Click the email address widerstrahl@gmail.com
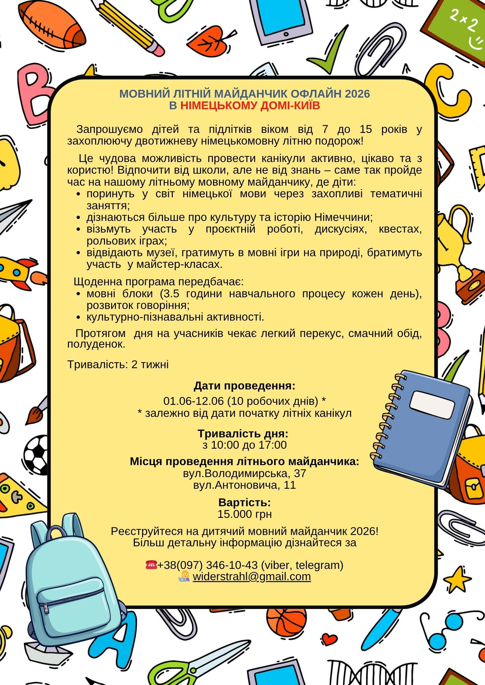pyautogui.click(x=251, y=576)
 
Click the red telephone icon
pyautogui.click(x=151, y=564)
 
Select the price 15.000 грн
pyautogui.click(x=245, y=514)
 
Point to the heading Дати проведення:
pyautogui.click(x=245, y=386)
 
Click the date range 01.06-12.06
pyautogui.click(x=194, y=401)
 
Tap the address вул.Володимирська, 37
pyautogui.click(x=245, y=473)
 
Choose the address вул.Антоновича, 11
pyautogui.click(x=245, y=485)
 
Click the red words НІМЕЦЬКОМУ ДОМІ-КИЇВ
pyautogui.click(x=250, y=106)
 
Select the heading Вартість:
pyautogui.click(x=245, y=502)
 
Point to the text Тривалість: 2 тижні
pyautogui.click(x=118, y=364)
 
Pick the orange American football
pyautogui.click(x=51, y=26)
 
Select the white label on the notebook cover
pyautogui.click(x=432, y=405)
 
